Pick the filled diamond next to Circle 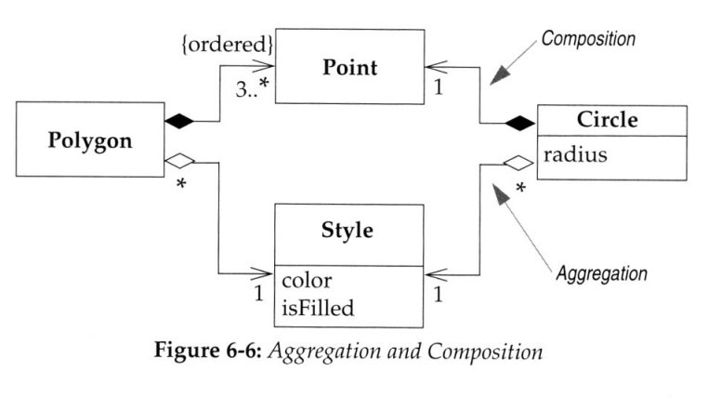[x=518, y=122]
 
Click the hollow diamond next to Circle [x=518, y=164]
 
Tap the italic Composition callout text [x=589, y=40]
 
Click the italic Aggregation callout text [x=600, y=273]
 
